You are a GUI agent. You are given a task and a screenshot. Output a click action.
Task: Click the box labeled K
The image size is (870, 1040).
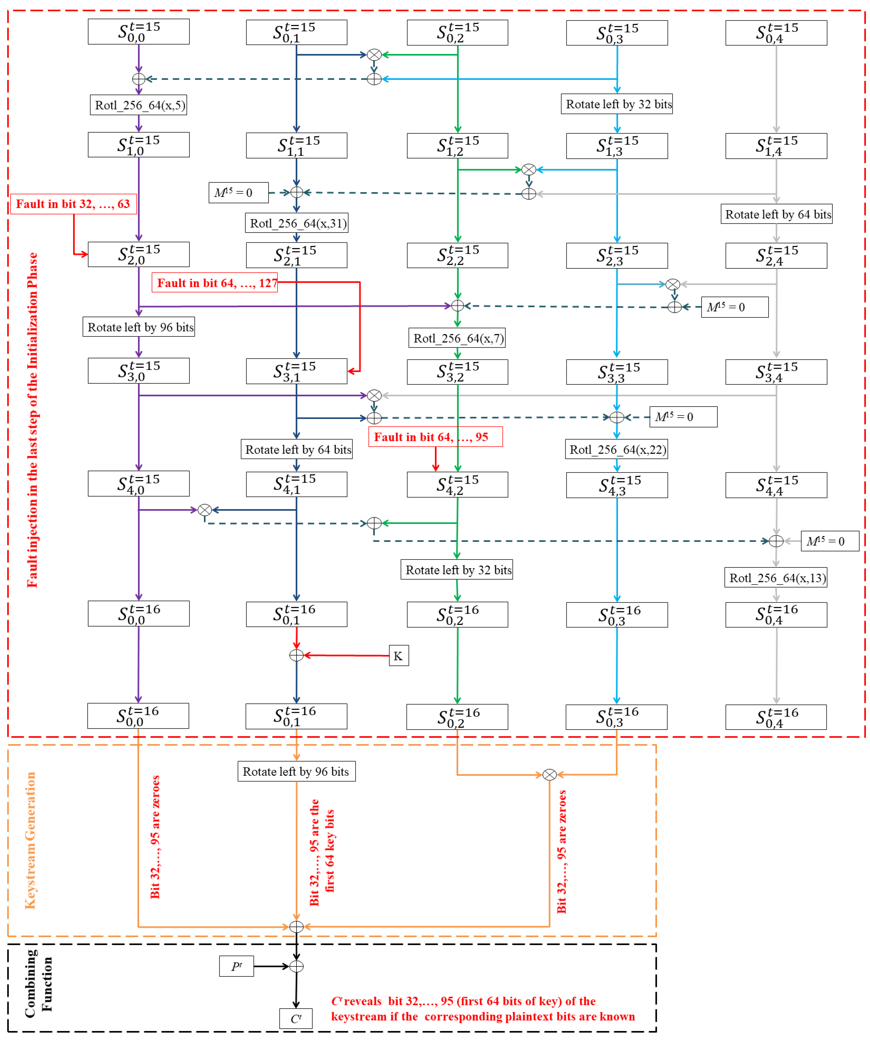399,656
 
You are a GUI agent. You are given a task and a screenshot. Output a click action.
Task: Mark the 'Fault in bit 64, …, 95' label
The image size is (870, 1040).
435,437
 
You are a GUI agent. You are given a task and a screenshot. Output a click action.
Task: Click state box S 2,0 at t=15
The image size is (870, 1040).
139,255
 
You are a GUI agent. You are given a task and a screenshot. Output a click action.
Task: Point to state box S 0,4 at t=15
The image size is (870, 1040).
776,33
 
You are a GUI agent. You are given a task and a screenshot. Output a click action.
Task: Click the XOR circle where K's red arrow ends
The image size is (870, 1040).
296,655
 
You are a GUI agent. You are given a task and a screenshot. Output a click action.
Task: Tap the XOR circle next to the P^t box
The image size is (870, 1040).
296,966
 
